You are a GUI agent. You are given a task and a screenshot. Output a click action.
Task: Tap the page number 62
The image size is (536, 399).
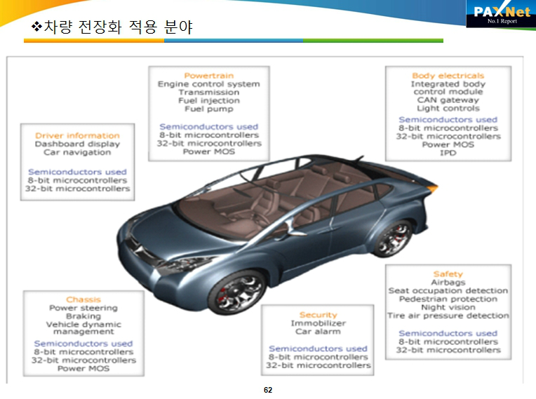[x=268, y=390]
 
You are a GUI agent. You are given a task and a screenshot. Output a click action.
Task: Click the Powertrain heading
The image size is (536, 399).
[x=208, y=76]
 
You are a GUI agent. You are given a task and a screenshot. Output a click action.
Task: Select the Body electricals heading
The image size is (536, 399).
[x=448, y=76]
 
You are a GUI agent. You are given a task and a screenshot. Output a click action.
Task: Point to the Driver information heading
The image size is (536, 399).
[x=77, y=135]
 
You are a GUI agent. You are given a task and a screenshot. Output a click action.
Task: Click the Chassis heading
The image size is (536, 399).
[x=83, y=299]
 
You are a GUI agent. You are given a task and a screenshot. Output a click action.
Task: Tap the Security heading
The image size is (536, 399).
[x=318, y=315]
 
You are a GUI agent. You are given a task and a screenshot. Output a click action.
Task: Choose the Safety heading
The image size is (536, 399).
[x=448, y=273]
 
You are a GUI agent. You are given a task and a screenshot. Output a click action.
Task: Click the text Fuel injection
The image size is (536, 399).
[x=208, y=101]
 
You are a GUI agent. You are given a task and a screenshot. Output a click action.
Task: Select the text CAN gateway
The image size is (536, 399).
[x=448, y=100]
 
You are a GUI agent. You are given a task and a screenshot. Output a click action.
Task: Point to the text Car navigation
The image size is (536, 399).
[x=77, y=152]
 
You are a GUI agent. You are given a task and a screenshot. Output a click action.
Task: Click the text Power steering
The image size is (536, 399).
[x=83, y=308]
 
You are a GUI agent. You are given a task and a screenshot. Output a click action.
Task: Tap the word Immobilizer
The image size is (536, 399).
[x=318, y=323]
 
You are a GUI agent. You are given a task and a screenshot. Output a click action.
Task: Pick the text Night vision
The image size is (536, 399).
[x=448, y=307]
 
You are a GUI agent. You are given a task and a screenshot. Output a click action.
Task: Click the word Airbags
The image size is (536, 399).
[x=448, y=282]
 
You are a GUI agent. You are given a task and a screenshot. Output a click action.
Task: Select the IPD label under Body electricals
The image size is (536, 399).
[x=448, y=153]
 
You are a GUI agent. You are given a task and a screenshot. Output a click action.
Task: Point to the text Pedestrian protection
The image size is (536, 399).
[x=448, y=299]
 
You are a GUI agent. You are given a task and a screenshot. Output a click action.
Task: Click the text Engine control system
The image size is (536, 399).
[x=208, y=84]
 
